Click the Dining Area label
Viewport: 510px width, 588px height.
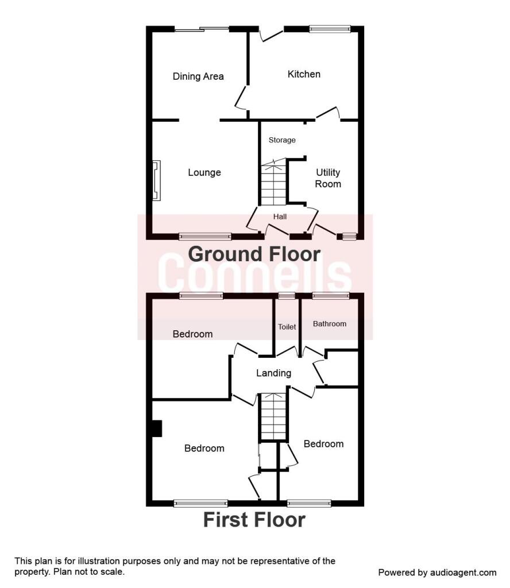click(x=198, y=76)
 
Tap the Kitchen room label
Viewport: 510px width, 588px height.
click(x=304, y=74)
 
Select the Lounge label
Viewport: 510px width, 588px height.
click(x=204, y=172)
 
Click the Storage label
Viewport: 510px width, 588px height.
click(x=282, y=140)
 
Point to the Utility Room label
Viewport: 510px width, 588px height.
click(x=328, y=178)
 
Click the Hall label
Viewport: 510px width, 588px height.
click(x=280, y=216)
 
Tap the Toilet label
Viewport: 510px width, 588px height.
click(x=287, y=327)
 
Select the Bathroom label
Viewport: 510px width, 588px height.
click(x=330, y=324)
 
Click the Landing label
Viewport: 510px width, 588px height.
click(x=274, y=373)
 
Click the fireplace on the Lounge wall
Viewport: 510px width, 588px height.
click(x=156, y=180)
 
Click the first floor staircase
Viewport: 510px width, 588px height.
click(x=273, y=416)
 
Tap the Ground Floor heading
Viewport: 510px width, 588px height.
click(x=254, y=254)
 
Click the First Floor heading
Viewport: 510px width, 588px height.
click(x=254, y=520)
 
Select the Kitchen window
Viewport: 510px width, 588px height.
click(x=330, y=29)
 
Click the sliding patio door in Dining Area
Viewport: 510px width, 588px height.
click(x=202, y=29)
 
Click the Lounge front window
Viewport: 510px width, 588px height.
click(x=205, y=236)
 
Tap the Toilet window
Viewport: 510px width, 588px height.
click(x=287, y=296)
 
